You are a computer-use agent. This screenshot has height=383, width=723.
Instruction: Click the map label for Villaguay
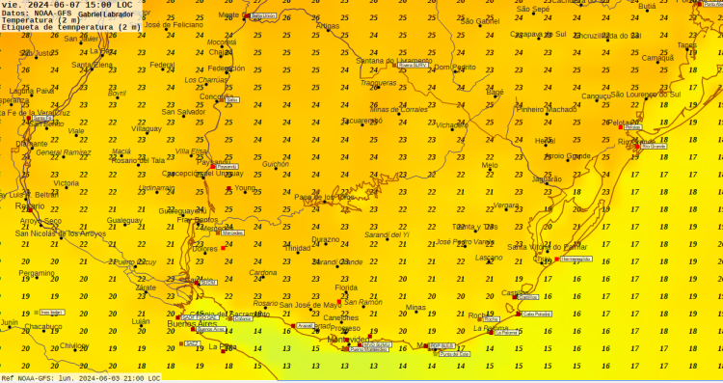(147, 127)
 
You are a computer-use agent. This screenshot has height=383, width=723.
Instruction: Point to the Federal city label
(162, 65)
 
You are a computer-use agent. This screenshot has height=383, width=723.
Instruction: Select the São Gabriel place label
(480, 20)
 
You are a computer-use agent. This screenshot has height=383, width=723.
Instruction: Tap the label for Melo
(490, 165)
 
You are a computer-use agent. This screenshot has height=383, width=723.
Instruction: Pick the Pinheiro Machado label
(547, 109)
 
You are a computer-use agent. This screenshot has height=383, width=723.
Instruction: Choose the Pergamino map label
(37, 273)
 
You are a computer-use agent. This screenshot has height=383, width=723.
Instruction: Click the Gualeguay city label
(124, 220)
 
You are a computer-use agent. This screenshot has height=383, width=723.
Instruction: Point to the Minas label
(415, 308)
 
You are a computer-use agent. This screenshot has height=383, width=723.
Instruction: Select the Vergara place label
(507, 205)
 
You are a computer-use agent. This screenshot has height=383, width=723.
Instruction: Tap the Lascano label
(489, 258)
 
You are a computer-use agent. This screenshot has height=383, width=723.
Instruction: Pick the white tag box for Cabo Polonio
(536, 314)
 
